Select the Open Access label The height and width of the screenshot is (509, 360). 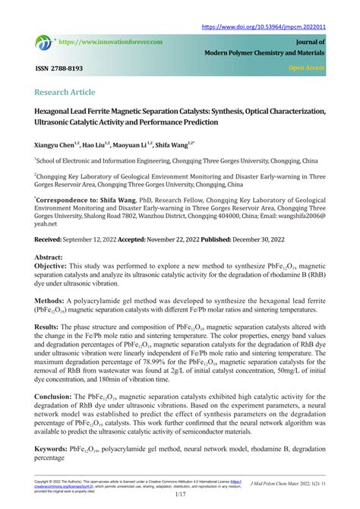coord(307,68)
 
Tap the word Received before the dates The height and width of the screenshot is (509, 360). coord(50,238)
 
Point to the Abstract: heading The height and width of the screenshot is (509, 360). coord(48,257)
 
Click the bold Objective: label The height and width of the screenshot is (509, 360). coord(51,267)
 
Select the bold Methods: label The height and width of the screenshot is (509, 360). coord(49,300)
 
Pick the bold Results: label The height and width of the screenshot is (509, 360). coord(47,326)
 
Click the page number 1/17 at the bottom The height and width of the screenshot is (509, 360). coord(180,495)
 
